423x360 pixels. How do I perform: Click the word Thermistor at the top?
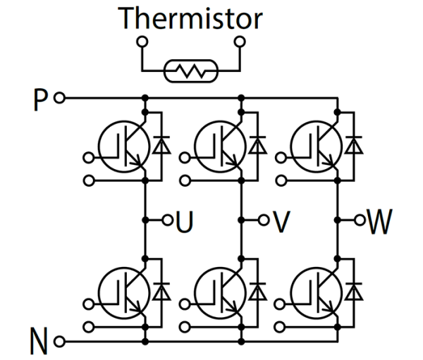191,19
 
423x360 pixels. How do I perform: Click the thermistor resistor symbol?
191,71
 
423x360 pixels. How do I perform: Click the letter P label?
40,97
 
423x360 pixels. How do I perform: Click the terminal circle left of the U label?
167,220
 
